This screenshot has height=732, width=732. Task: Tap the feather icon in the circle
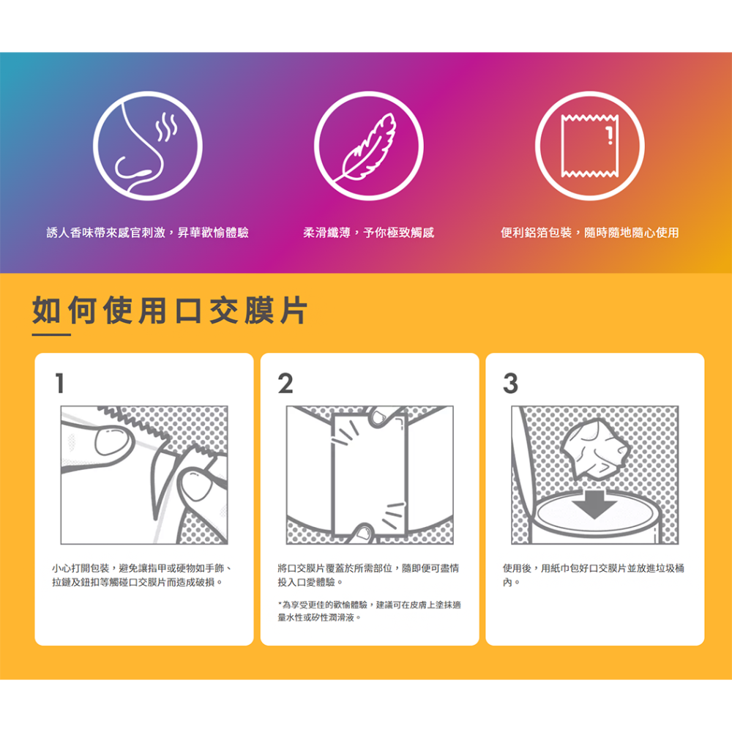[x=369, y=146]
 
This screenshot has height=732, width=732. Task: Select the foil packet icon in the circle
[x=589, y=146]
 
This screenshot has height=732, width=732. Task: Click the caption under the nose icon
[x=148, y=233]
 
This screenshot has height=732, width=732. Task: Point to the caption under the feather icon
[x=369, y=233]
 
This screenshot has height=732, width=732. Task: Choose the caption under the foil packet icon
[x=589, y=233]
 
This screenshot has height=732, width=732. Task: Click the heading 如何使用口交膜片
[x=170, y=310]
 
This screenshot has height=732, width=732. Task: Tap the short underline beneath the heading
[x=51, y=335]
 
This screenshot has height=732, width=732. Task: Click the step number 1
[x=59, y=384]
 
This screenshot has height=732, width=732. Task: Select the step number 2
[x=285, y=384]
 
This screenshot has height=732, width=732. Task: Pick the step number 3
[x=511, y=384]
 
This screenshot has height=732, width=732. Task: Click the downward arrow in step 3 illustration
[x=594, y=504]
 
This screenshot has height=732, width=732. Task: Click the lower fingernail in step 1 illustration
[x=196, y=485]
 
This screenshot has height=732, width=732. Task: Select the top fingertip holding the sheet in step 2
[x=381, y=417]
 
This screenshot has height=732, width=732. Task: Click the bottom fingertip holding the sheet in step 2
[x=363, y=533]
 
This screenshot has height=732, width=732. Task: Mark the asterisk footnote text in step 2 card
[x=369, y=611]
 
